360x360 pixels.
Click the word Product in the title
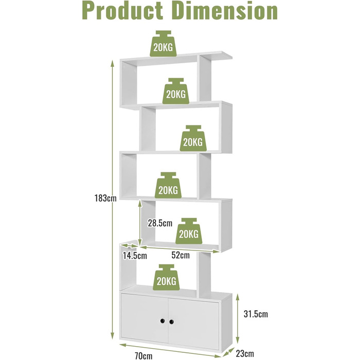click(x=122, y=11)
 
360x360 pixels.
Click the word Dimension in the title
click(x=226, y=11)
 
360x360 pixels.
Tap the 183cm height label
click(x=105, y=198)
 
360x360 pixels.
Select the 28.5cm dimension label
click(x=160, y=223)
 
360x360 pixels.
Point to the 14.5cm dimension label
click(x=135, y=255)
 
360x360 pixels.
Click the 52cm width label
click(x=181, y=255)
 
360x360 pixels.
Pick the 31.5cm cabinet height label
click(x=256, y=314)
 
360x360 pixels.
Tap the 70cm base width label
click(x=143, y=356)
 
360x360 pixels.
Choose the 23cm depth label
click(x=245, y=353)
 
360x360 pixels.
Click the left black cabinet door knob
click(x=163, y=321)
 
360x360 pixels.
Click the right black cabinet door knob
click(x=171, y=322)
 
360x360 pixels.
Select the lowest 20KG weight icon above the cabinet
click(x=167, y=278)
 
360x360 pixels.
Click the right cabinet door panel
click(x=193, y=324)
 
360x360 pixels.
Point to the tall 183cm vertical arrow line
click(x=112, y=200)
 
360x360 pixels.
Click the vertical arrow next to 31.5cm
click(x=238, y=319)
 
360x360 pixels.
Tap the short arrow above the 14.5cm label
click(x=129, y=246)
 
